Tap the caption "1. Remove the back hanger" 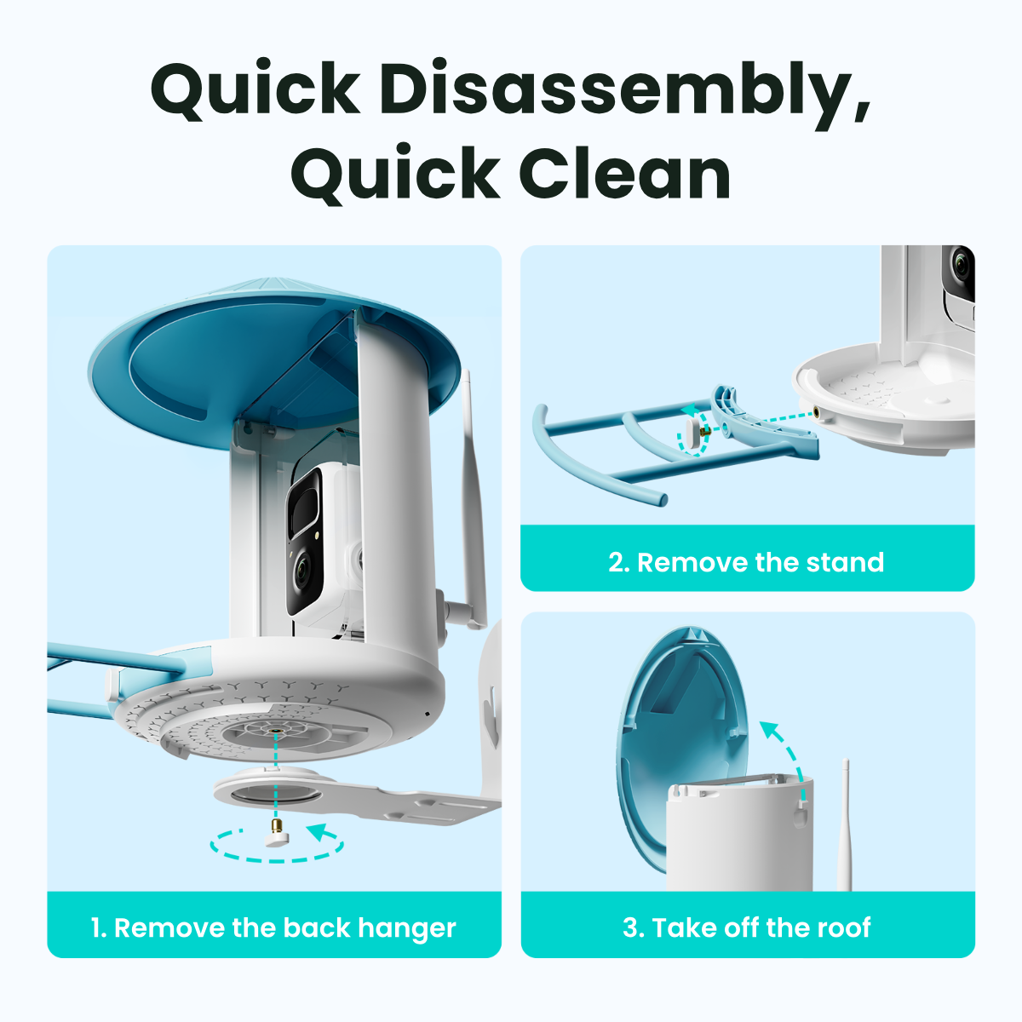coord(273,927)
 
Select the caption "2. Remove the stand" coord(747,562)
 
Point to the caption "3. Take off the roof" coord(747,927)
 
